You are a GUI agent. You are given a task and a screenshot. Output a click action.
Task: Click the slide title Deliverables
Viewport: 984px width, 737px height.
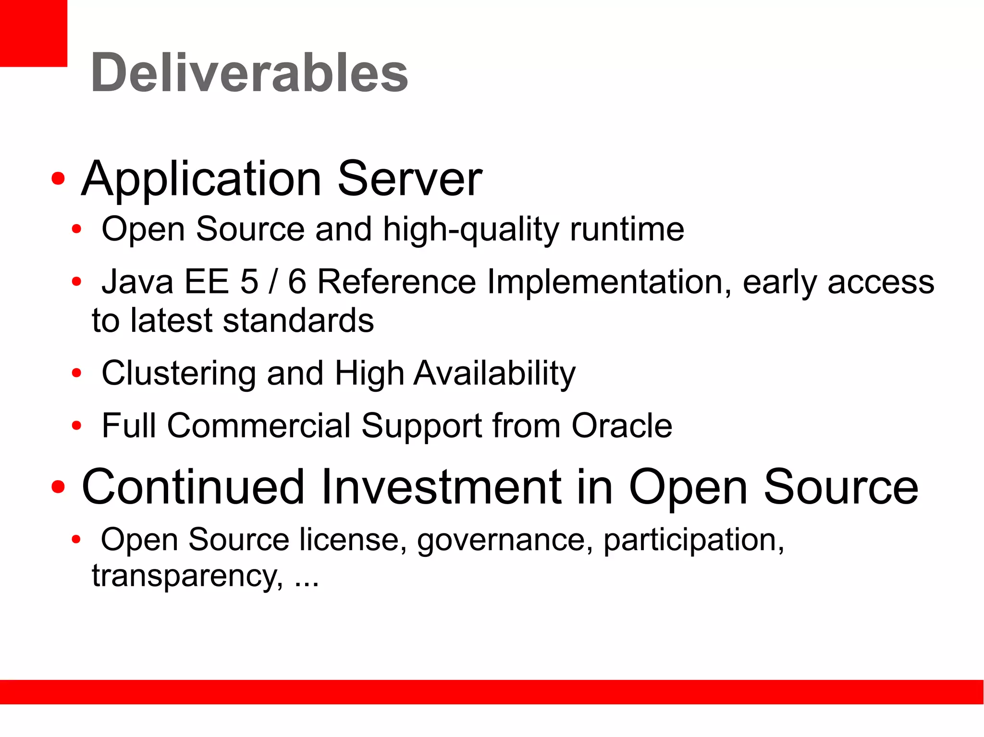tap(249, 73)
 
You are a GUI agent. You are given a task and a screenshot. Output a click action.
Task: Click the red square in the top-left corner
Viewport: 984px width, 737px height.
tap(33, 33)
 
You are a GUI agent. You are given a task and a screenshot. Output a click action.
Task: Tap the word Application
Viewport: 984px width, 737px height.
tap(201, 179)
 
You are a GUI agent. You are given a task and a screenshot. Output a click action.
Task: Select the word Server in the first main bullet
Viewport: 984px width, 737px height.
tap(410, 179)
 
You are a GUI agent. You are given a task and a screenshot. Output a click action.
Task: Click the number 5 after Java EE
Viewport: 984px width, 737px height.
tap(249, 282)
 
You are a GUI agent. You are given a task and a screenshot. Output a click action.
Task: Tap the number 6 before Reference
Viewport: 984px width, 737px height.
tap(297, 282)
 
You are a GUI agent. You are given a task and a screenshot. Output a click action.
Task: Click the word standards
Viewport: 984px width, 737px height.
tap(298, 321)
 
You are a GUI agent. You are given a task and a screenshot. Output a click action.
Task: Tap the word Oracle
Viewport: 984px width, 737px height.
tap(622, 426)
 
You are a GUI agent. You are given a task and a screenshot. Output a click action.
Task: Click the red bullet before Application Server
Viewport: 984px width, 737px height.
tap(58, 179)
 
